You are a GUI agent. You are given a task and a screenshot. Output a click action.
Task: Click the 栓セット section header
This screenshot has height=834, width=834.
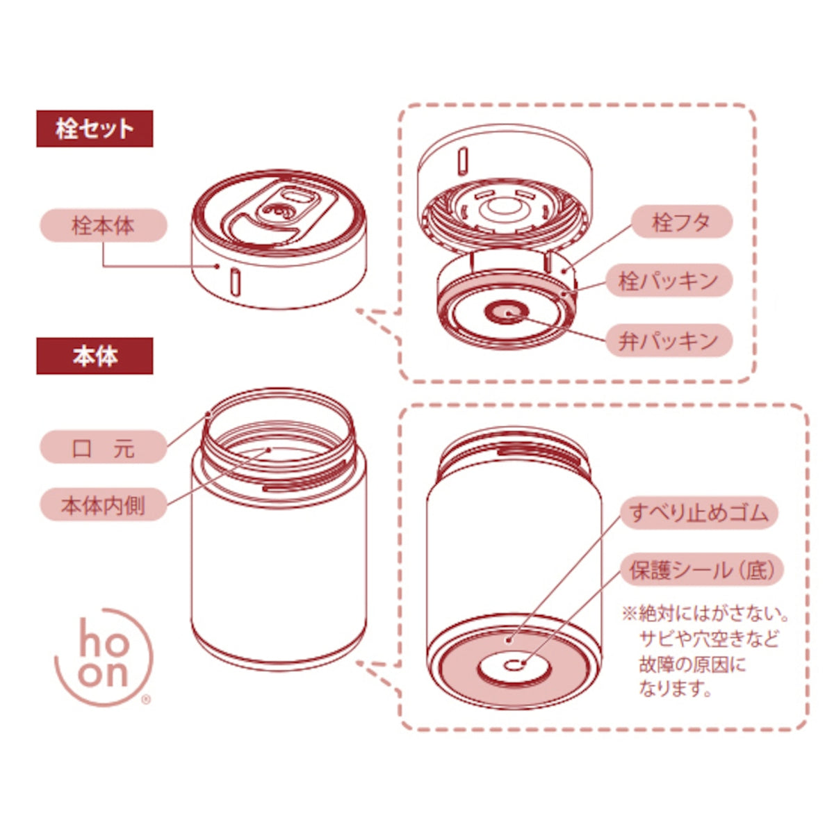click(x=95, y=129)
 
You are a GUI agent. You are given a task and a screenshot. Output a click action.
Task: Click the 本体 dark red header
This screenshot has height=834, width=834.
click(x=95, y=356)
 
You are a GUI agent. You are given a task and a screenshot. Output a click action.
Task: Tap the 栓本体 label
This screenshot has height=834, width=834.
click(x=104, y=225)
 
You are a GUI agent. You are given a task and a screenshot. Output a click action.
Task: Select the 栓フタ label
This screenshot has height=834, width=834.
click(x=682, y=222)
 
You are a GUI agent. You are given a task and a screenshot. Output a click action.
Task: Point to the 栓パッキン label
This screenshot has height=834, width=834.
click(x=669, y=281)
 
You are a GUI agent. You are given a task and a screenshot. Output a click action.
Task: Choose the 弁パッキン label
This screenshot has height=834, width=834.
click(x=669, y=340)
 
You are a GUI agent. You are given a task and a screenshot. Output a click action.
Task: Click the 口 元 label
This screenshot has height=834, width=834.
click(x=104, y=447)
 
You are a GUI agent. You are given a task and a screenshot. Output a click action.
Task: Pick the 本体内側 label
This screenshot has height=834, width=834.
click(x=104, y=504)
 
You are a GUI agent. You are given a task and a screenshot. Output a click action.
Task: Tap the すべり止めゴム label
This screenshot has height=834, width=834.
click(x=699, y=513)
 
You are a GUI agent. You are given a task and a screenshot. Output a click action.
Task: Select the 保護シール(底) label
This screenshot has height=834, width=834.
click(x=703, y=570)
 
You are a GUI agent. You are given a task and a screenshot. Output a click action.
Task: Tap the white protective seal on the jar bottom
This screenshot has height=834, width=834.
click(x=514, y=665)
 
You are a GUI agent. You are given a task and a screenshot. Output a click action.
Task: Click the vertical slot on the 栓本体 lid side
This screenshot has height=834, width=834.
click(x=236, y=281)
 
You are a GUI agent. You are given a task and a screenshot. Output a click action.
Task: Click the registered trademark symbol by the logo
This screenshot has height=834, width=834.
click(x=147, y=699)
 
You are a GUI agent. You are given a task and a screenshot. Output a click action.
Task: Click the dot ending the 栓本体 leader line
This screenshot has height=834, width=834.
click(x=218, y=266)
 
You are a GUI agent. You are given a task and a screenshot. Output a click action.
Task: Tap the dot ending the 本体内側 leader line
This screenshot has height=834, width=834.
click(x=269, y=450)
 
